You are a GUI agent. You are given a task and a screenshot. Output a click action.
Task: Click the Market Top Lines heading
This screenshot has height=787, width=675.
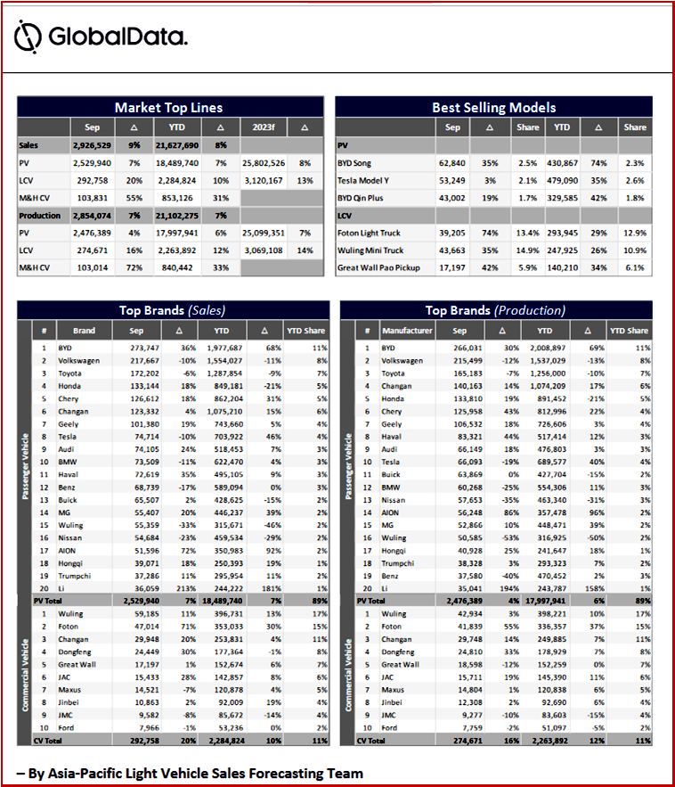[168, 108]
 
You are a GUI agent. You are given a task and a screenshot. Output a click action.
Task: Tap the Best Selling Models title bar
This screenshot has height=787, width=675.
[493, 108]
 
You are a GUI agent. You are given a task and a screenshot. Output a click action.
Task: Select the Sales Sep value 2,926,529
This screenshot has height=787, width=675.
[92, 144]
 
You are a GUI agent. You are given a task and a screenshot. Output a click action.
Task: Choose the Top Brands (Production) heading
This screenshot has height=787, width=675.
[495, 310]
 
